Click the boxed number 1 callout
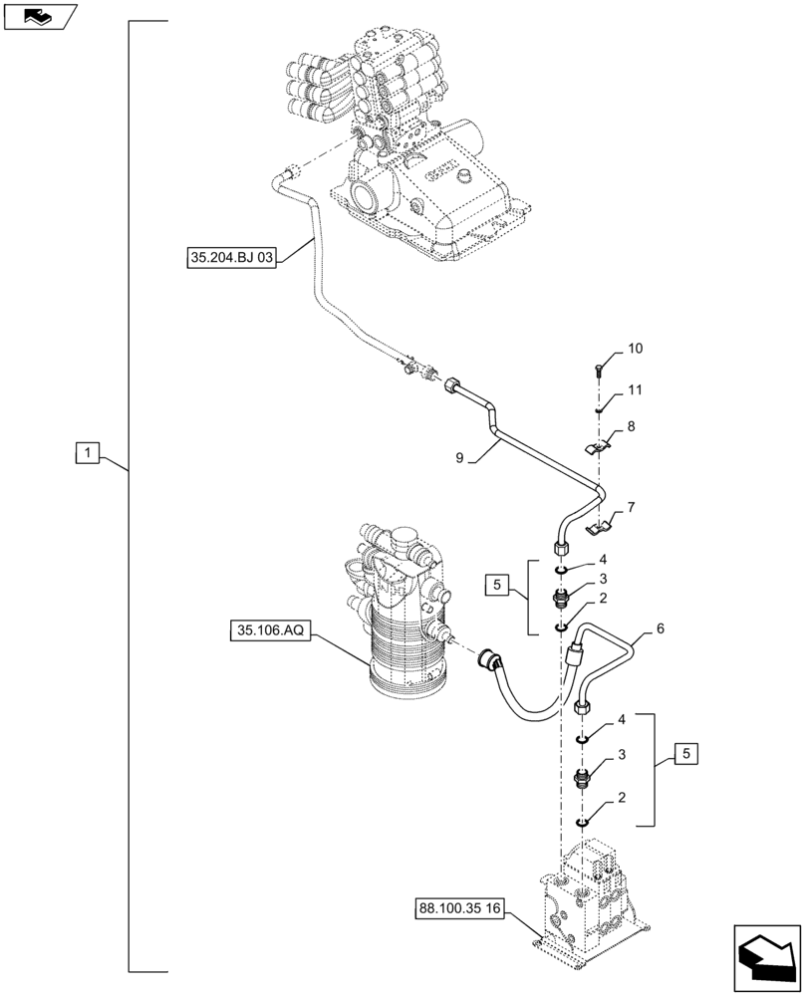tap(88, 454)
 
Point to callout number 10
tap(635, 349)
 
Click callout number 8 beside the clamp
tap(631, 425)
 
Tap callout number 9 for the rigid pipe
tap(460, 459)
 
